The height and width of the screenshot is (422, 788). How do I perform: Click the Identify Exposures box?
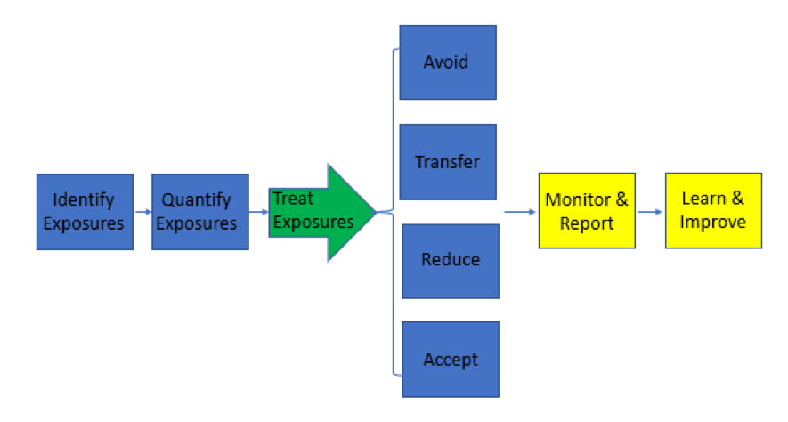click(85, 211)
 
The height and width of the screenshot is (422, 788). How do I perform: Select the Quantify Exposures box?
click(199, 211)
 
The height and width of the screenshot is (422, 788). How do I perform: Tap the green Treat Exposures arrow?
click(316, 212)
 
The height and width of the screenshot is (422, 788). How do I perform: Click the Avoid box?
click(447, 62)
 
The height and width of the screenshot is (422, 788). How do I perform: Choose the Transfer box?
click(447, 162)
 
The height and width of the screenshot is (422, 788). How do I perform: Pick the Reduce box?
click(451, 260)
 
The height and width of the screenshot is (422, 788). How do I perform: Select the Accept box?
click(451, 359)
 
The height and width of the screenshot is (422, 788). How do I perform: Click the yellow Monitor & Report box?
click(587, 211)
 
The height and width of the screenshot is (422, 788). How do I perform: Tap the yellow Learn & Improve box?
click(713, 210)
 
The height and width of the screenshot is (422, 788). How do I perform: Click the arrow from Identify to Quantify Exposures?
click(142, 212)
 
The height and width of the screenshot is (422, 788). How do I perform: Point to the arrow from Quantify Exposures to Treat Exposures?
click(258, 212)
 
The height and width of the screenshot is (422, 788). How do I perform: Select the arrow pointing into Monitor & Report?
click(520, 212)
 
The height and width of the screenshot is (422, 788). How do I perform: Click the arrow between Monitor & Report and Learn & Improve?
click(650, 212)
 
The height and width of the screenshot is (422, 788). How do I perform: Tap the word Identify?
click(84, 200)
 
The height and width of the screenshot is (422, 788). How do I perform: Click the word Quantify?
click(196, 200)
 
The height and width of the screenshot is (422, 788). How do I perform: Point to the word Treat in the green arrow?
click(292, 199)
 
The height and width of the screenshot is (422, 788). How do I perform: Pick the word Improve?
click(712, 222)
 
